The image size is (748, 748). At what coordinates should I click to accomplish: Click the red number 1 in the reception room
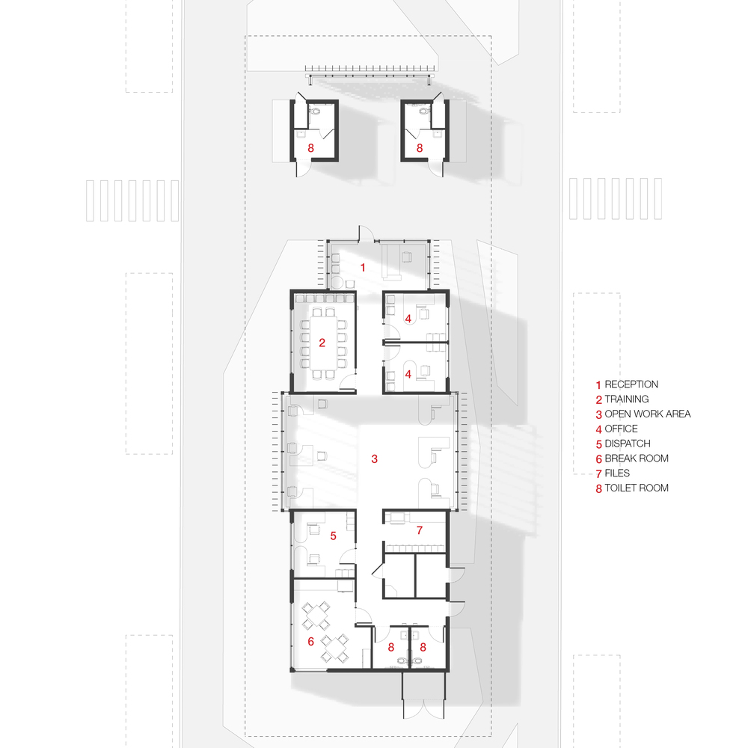(364, 267)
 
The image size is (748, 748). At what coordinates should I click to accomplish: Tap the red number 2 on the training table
(322, 343)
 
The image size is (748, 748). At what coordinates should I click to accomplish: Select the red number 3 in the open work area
(375, 458)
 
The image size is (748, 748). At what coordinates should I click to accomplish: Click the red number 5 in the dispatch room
(333, 536)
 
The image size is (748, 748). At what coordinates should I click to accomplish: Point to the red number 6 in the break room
(310, 641)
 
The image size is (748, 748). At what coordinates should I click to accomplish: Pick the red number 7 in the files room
(420, 530)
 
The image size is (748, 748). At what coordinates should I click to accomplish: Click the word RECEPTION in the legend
(631, 384)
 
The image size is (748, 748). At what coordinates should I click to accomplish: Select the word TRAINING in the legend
(627, 399)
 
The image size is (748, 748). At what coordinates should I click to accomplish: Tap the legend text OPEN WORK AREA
(648, 414)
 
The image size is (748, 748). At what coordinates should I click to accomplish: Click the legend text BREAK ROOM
(637, 459)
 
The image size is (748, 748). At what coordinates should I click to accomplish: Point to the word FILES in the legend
(617, 473)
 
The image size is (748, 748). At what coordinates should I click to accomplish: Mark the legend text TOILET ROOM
(637, 488)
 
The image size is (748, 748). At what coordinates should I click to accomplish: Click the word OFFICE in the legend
(621, 429)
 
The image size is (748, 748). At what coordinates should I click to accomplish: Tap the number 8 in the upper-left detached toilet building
(310, 149)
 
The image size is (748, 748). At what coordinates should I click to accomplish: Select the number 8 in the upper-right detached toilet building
(420, 149)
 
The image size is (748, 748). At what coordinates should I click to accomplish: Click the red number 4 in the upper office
(408, 319)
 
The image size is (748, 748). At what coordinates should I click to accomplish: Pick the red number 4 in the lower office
(408, 373)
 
